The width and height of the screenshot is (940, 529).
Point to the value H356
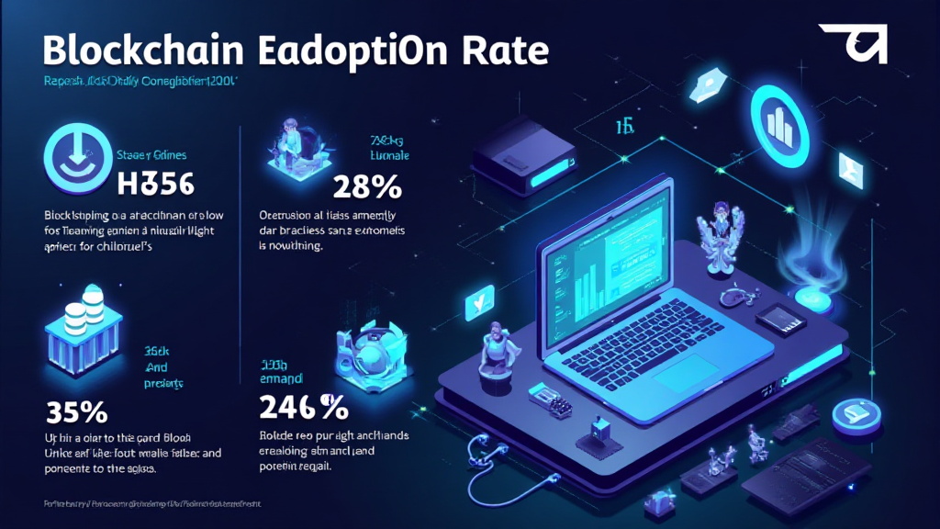click(156, 184)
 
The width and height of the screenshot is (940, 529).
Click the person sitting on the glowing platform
click(298, 147)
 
